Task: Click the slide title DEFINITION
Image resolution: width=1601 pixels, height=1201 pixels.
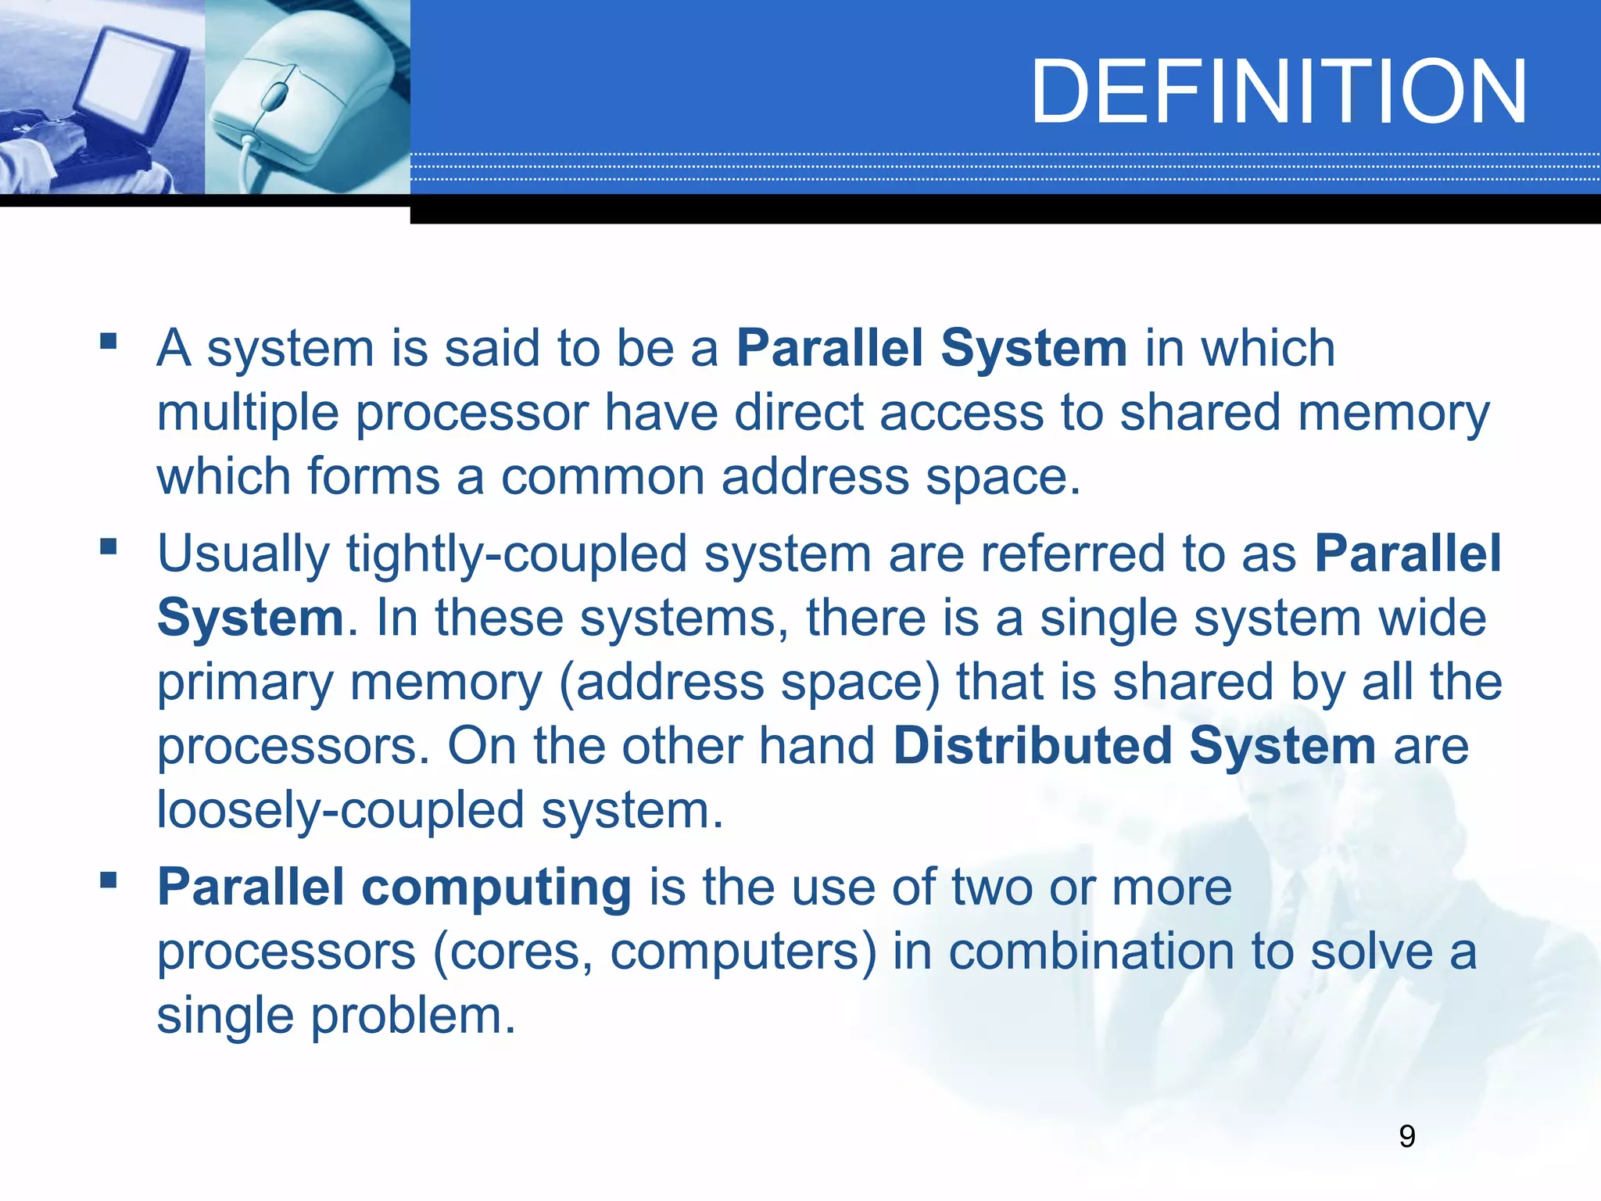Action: point(1279,92)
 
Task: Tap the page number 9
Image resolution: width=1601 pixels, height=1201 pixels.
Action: point(1406,1136)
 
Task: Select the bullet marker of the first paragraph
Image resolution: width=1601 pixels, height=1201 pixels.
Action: point(108,342)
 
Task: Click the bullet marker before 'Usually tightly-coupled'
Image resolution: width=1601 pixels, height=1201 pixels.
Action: point(108,547)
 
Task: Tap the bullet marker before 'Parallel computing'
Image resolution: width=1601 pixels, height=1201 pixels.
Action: point(108,881)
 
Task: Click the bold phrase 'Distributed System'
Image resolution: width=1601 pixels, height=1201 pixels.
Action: point(1134,745)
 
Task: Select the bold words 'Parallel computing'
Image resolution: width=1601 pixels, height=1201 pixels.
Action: point(394,887)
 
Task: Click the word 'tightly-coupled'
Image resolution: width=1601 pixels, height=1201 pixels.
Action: point(516,554)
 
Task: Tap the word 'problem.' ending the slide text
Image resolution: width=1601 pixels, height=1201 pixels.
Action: point(414,1016)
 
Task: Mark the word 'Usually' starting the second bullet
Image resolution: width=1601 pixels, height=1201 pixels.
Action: point(243,554)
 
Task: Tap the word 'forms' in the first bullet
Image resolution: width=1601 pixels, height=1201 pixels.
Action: point(374,476)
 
